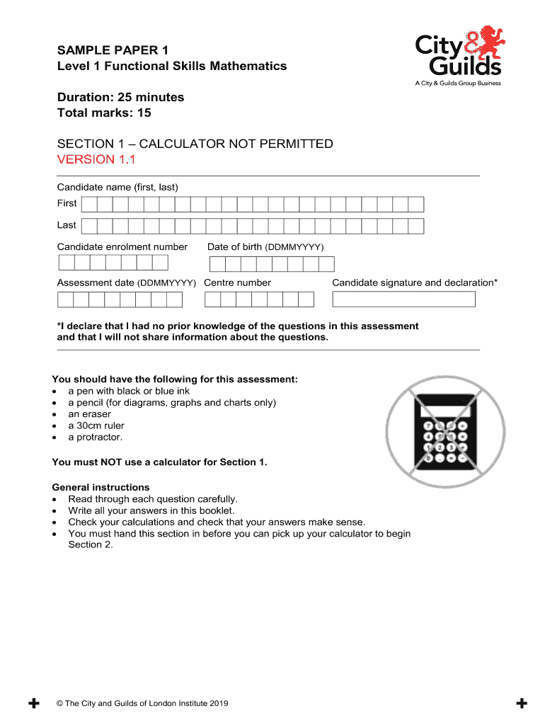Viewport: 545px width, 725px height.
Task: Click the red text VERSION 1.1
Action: pyautogui.click(x=96, y=160)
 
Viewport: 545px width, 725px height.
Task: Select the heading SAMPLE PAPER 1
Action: pyautogui.click(x=108, y=51)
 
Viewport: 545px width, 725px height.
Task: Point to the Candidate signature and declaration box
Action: pyautogui.click(x=403, y=299)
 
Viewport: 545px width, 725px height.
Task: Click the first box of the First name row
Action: pyautogui.click(x=88, y=205)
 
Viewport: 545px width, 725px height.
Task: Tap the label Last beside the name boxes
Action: pyautogui.click(x=67, y=225)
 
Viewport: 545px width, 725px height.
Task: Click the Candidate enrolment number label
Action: pyautogui.click(x=122, y=247)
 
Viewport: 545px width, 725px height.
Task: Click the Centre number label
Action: pyautogui.click(x=237, y=283)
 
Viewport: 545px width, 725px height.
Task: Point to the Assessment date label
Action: pyautogui.click(x=126, y=283)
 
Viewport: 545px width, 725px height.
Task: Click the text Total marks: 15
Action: pyautogui.click(x=104, y=113)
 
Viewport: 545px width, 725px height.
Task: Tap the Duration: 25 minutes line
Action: pyautogui.click(x=120, y=97)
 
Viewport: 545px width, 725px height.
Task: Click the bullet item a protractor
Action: pyautogui.click(x=95, y=437)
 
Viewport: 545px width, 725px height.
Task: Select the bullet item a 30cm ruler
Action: pyautogui.click(x=96, y=426)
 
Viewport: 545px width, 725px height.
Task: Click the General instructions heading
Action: pyautogui.click(x=101, y=487)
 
